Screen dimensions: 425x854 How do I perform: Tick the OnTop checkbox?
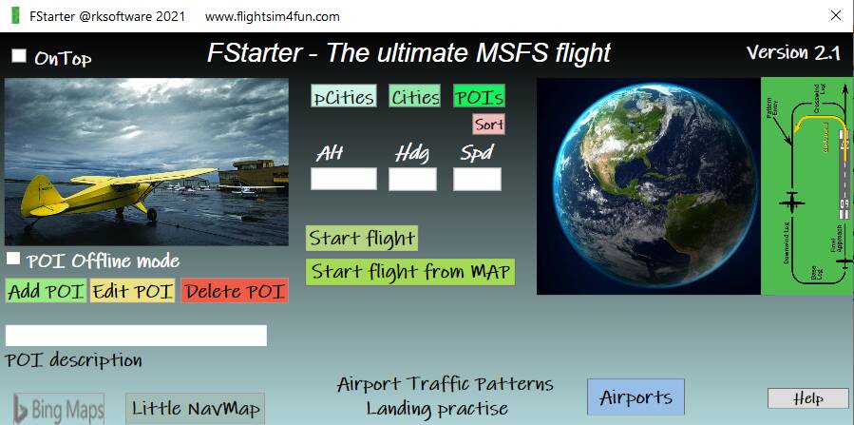(19, 56)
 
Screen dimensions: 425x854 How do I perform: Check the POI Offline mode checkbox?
(14, 259)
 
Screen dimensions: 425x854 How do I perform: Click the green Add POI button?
(46, 291)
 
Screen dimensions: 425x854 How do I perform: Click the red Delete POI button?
(235, 291)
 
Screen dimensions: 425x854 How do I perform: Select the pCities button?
(344, 97)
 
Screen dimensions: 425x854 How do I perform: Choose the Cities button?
(414, 97)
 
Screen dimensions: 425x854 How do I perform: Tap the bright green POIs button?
(479, 97)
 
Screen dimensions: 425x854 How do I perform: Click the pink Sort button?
(489, 125)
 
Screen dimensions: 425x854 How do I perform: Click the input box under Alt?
(344, 179)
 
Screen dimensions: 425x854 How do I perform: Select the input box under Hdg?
(412, 179)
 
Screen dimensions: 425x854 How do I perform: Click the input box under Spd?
(477, 179)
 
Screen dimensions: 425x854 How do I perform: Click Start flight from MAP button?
(410, 271)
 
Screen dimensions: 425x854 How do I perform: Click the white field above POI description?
(136, 336)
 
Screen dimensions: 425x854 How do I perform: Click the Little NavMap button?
(196, 408)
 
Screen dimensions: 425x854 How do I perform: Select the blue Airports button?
(636, 397)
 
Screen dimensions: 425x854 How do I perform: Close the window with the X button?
(836, 15)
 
